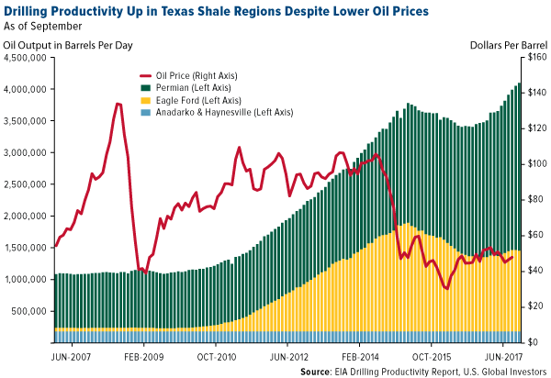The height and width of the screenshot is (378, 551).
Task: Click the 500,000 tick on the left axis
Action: [30, 311]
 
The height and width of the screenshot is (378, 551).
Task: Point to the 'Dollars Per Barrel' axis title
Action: [505, 42]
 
